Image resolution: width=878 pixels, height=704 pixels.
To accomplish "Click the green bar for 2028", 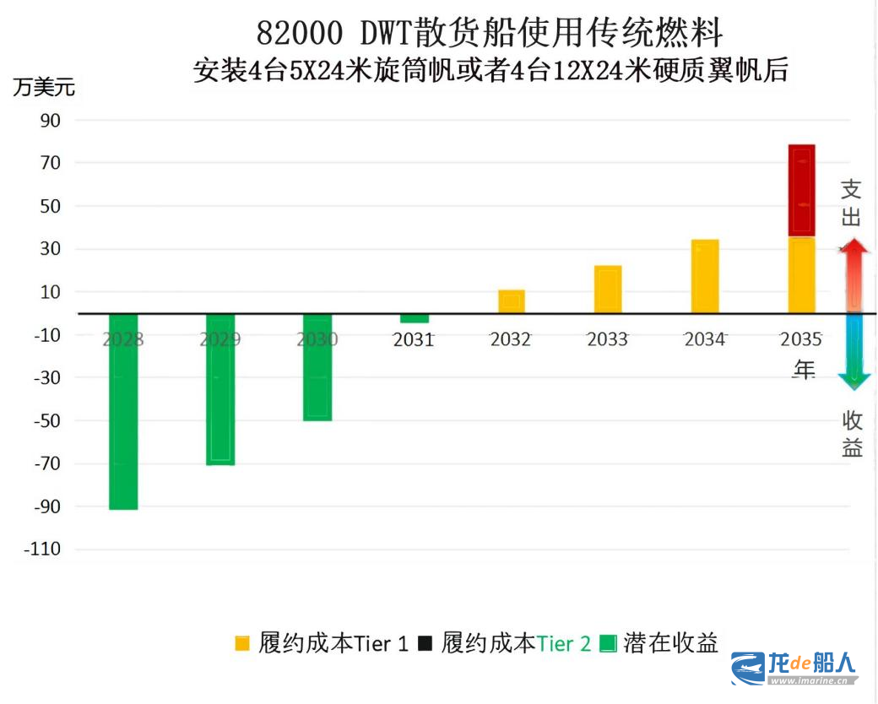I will (x=123, y=411).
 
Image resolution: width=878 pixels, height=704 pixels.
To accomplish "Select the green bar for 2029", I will (x=220, y=389).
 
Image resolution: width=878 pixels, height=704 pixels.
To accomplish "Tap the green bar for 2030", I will (x=317, y=367).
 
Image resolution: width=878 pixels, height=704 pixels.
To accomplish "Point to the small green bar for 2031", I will (x=415, y=318).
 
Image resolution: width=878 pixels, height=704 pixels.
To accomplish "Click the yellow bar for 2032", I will (x=511, y=301).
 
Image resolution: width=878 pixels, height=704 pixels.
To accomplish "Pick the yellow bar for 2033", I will (x=608, y=290).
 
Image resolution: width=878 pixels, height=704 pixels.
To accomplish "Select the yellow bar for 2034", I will (x=705, y=276).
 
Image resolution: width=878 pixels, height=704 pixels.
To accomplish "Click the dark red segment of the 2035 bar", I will (x=801, y=190).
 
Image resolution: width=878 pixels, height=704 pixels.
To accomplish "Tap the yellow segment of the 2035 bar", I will (x=801, y=274).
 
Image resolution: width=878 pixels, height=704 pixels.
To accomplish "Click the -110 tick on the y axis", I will (x=43, y=550).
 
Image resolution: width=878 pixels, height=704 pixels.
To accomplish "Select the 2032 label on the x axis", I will (x=511, y=339).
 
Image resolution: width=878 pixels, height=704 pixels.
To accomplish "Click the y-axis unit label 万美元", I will (x=44, y=87).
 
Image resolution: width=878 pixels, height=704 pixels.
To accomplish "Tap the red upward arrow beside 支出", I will (x=854, y=274).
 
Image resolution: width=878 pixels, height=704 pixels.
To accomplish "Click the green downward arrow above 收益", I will (x=854, y=355).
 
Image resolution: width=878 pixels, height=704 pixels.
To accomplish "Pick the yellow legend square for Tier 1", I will (x=242, y=644).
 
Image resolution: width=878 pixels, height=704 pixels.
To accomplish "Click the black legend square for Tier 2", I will (x=425, y=644).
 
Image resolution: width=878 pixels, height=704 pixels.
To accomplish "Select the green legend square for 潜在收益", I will (x=608, y=644).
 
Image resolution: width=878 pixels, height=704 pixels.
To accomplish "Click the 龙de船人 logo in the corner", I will (x=794, y=669).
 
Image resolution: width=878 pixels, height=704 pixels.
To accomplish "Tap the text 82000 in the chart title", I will (x=300, y=34).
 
